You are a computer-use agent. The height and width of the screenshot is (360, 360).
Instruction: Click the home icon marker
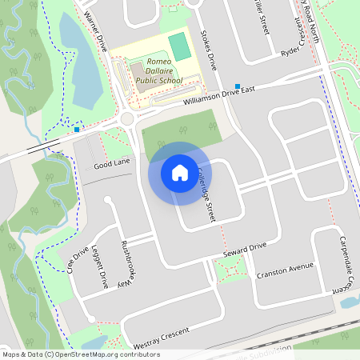(x=180, y=172)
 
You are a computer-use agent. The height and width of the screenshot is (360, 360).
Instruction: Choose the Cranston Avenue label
(x=286, y=270)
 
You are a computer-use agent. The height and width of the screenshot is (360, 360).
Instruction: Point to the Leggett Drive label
(x=100, y=266)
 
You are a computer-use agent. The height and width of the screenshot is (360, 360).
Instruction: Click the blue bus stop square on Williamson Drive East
(x=238, y=86)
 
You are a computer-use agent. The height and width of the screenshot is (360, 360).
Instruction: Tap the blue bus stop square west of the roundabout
(x=77, y=129)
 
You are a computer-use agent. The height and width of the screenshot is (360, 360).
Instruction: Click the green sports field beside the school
(x=181, y=46)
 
